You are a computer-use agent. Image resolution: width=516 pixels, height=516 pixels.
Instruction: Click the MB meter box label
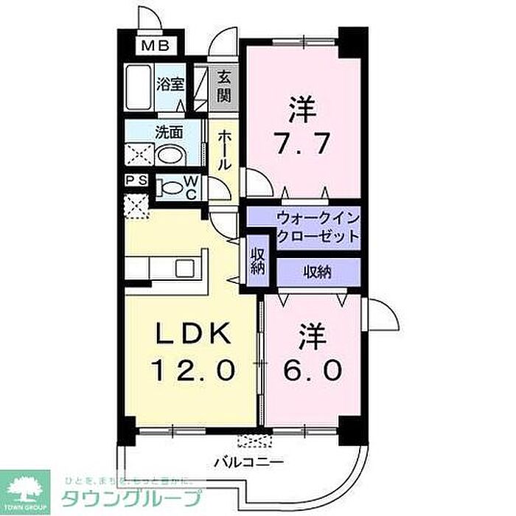click(156, 46)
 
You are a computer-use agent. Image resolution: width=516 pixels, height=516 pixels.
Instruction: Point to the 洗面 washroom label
click(168, 133)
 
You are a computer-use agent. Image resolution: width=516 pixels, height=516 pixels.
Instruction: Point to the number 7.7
click(302, 142)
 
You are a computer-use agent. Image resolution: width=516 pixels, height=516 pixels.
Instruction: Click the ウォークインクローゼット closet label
click(318, 227)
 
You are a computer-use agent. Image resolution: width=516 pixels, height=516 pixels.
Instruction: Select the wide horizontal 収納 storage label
click(318, 271)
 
